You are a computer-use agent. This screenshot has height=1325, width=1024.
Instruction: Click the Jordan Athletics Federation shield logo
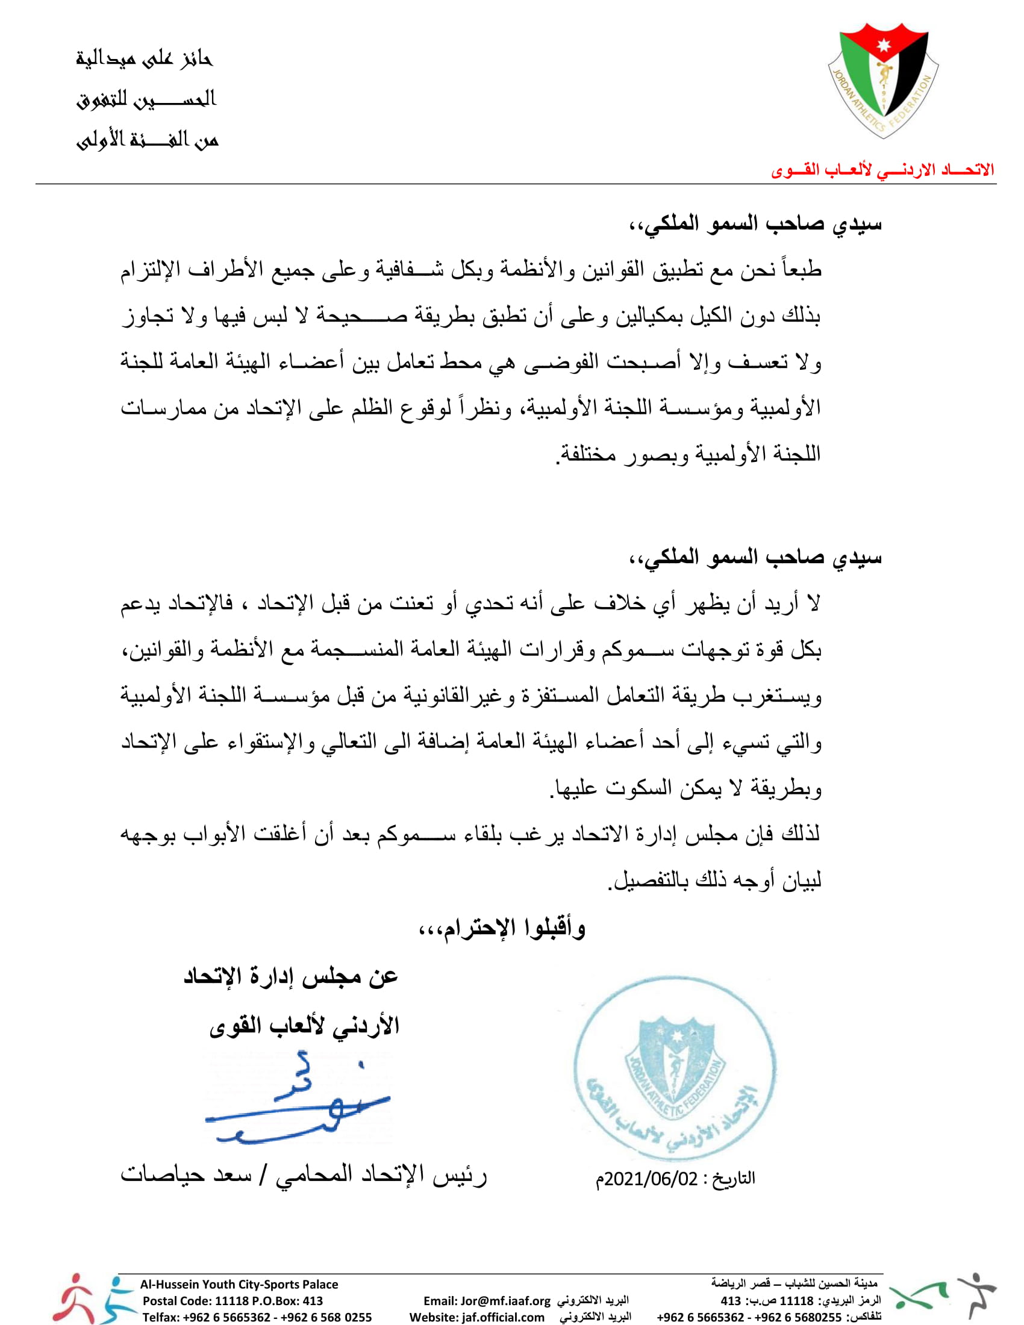pos(883,79)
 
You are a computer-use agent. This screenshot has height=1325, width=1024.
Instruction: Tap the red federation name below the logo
pos(882,170)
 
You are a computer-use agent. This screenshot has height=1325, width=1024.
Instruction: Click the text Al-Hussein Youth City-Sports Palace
pos(239,1285)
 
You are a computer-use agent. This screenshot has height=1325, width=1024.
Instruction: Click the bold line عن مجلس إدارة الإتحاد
pos(290,976)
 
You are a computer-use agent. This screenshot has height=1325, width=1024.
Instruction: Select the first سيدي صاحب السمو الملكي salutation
pos(755,224)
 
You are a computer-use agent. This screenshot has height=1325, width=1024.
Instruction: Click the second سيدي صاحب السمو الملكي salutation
pos(755,557)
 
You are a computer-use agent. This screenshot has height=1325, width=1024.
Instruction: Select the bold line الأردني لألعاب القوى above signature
pos(304,1026)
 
